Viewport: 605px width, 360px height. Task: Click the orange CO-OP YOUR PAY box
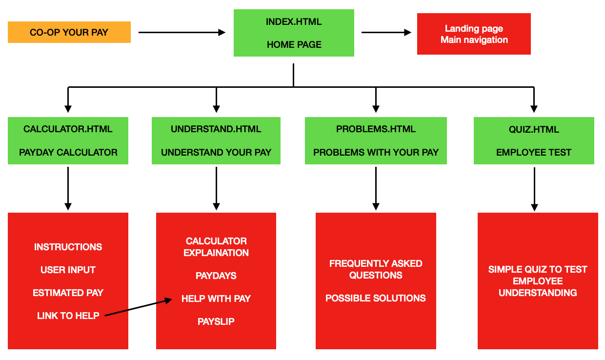click(69, 32)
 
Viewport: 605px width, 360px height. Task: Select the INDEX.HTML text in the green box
click(294, 22)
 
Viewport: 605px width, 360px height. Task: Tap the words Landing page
click(474, 29)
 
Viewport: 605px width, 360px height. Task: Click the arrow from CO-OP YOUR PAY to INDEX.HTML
click(181, 33)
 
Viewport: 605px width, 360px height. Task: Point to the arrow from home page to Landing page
click(386, 33)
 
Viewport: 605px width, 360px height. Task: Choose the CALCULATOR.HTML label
click(68, 129)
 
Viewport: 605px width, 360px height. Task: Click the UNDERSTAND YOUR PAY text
click(216, 152)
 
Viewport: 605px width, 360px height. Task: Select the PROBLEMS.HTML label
click(376, 129)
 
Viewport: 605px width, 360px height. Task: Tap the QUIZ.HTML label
click(534, 129)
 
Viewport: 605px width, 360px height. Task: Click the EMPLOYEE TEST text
click(534, 152)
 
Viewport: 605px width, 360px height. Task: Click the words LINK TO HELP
click(68, 316)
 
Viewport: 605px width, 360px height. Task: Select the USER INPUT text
click(68, 270)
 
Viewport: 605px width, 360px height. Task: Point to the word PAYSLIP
click(216, 321)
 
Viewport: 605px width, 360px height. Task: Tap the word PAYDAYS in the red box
click(216, 276)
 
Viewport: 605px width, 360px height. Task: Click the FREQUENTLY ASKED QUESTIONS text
click(376, 269)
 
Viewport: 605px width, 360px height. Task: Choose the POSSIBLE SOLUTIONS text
click(376, 298)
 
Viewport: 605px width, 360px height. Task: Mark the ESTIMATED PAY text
click(68, 293)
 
